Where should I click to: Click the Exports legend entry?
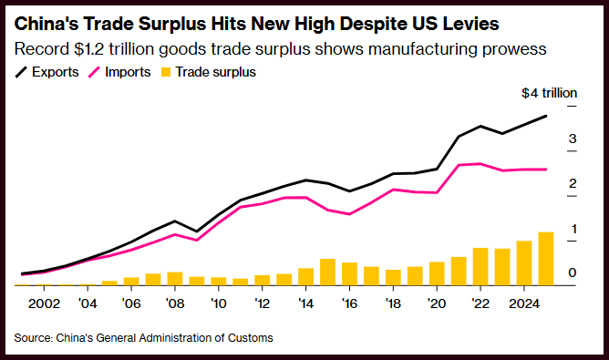46,72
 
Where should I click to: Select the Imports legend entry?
119,72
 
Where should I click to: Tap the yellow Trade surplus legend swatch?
166,72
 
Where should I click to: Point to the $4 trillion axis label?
549,93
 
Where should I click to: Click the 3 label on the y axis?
573,139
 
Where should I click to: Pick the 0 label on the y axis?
573,273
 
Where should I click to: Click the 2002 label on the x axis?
44,303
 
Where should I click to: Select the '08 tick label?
175,303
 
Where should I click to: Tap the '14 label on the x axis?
305,303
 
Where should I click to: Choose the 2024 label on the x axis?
524,303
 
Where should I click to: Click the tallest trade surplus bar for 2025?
546,259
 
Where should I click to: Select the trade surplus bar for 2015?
327,273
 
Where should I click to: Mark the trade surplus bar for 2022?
480,267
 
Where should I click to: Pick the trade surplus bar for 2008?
175,279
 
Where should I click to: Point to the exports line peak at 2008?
175,221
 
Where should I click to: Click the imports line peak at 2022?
480,164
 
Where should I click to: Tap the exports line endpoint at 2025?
546,116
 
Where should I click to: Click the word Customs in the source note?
251,338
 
